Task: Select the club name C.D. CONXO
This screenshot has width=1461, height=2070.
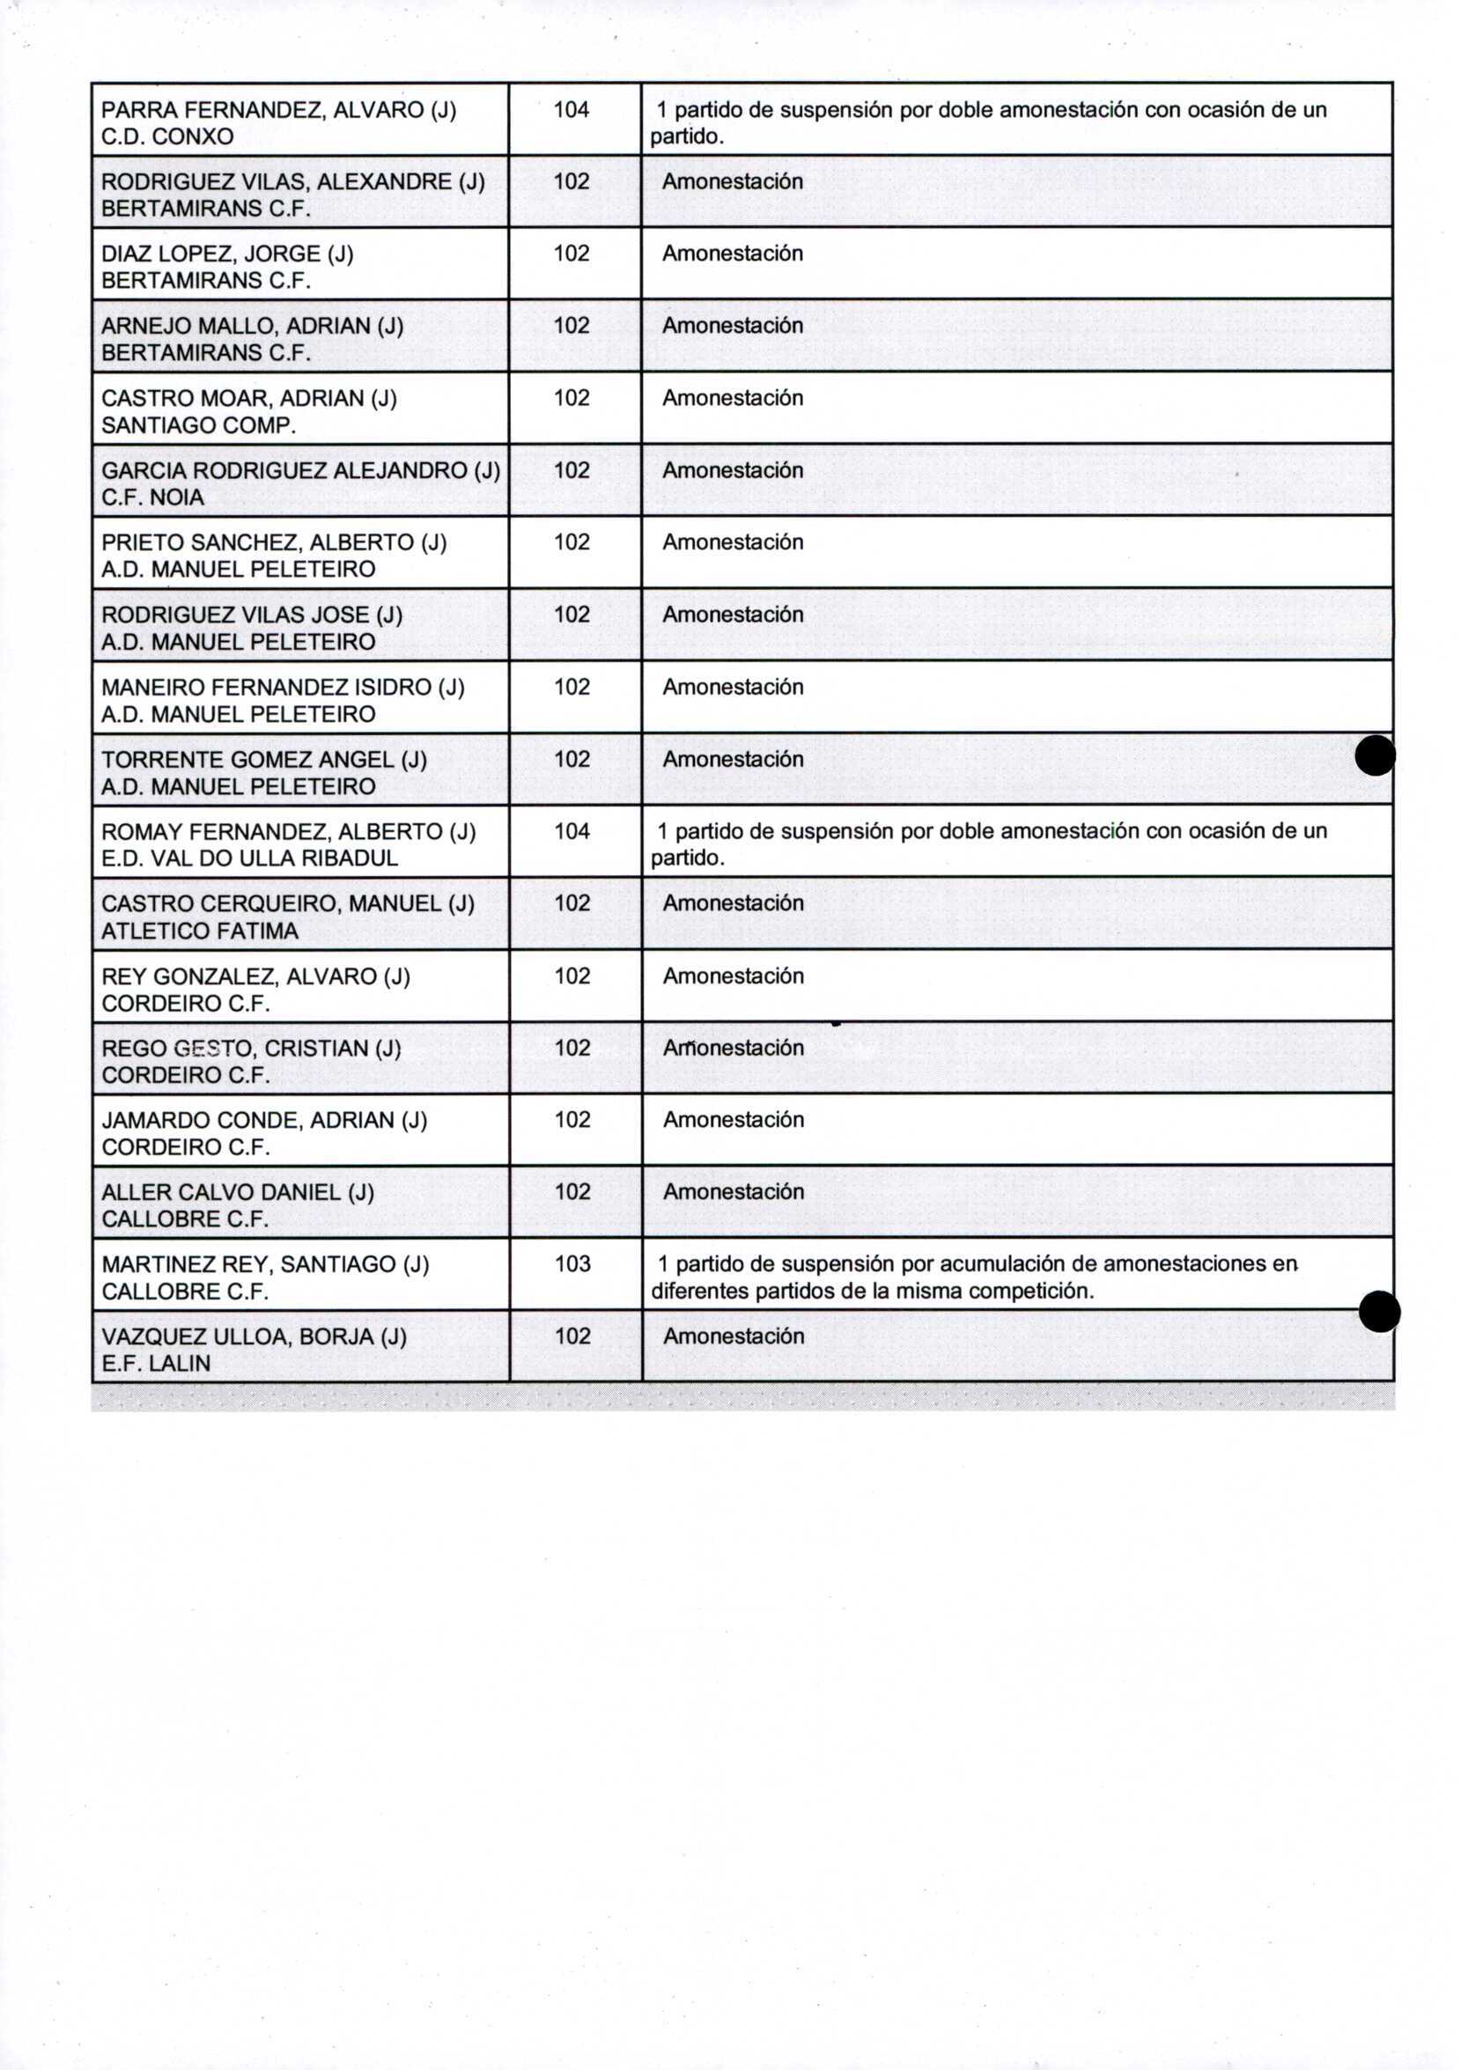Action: coord(167,137)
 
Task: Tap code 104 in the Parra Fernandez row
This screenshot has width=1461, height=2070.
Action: coord(571,110)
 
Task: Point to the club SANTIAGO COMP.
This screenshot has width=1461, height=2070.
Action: coord(198,425)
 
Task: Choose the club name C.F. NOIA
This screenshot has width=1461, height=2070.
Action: coord(152,497)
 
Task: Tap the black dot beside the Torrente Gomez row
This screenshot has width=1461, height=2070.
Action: coord(1376,755)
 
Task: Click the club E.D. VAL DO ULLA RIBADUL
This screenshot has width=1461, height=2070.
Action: coord(250,858)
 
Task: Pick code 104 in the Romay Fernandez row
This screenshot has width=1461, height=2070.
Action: coord(572,831)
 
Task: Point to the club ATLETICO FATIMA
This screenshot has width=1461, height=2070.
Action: coord(199,932)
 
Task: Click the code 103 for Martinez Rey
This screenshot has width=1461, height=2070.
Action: coord(572,1264)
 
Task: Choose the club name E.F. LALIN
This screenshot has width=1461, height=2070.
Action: coord(156,1364)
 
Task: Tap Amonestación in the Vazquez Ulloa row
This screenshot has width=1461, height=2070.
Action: coord(734,1337)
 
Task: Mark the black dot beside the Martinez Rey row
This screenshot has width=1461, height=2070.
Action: coord(1379,1311)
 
